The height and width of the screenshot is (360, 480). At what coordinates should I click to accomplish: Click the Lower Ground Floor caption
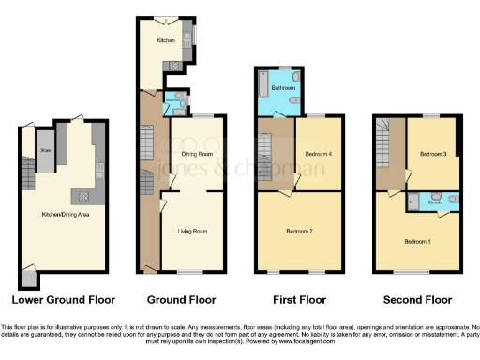[x=62, y=301]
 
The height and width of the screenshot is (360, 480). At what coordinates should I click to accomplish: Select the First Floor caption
[x=296, y=301]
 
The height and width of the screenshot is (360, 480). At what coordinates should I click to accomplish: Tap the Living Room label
[x=192, y=230]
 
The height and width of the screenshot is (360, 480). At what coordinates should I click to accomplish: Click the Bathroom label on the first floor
[x=283, y=88]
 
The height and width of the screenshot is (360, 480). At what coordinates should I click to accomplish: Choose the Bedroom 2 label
[x=299, y=230]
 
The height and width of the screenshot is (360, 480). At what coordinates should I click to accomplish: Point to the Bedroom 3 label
[x=432, y=153]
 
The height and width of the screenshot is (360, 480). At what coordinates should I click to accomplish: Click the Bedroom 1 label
[x=418, y=241]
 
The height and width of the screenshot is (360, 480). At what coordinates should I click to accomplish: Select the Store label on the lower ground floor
[x=44, y=150]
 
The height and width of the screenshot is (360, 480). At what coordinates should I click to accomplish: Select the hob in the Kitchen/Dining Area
[x=83, y=196]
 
